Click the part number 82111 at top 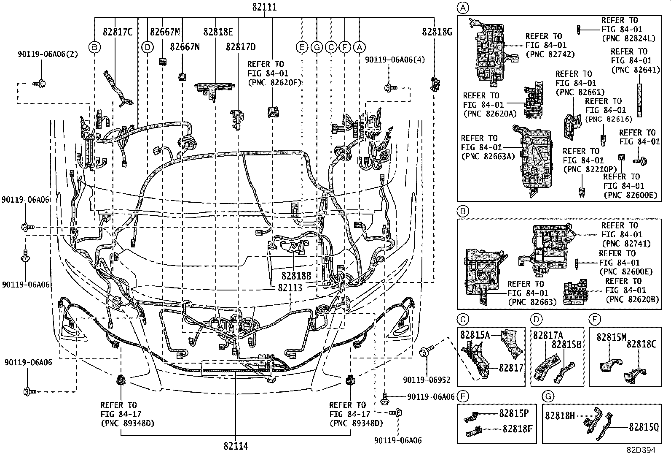(265, 7)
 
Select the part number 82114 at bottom (236, 446)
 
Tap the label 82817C (118, 32)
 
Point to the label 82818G (437, 32)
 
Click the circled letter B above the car (95, 47)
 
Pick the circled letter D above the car (147, 47)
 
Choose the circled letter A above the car (359, 47)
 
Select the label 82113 (290, 288)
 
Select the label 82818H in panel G (560, 415)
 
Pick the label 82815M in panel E (611, 337)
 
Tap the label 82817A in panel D (548, 335)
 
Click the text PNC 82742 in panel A (550, 54)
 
